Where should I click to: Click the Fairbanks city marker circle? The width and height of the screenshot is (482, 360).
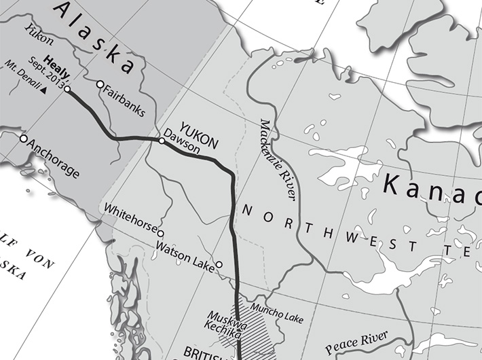coord(100,85)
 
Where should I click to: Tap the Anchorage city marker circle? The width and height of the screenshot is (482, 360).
coord(24,139)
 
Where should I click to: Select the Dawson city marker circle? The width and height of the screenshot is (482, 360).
coord(162,141)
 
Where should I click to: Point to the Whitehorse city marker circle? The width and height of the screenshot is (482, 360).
coord(161,233)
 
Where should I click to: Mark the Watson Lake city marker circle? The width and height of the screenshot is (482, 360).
coord(219,264)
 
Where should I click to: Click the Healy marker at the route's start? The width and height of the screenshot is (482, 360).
coord(67,89)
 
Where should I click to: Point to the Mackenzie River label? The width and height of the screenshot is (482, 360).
coord(278,159)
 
